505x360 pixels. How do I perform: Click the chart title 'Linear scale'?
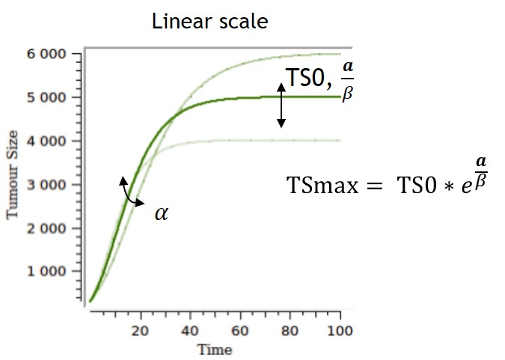tap(209, 21)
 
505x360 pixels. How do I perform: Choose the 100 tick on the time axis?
tap(340, 330)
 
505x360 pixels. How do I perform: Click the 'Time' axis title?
tap(215, 350)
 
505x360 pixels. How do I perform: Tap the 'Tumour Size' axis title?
tap(13, 178)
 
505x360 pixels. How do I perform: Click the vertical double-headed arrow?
tap(281, 105)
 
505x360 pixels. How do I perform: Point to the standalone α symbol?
tap(161, 213)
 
